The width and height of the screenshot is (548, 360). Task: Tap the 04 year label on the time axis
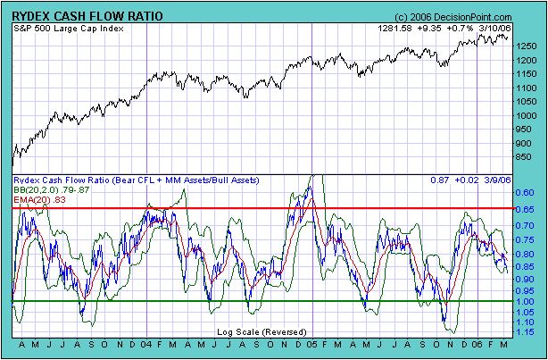(147, 344)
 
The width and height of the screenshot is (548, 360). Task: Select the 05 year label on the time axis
(312, 344)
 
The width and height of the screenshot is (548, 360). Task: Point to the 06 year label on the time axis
(478, 344)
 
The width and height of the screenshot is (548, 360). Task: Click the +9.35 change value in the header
(434, 29)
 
